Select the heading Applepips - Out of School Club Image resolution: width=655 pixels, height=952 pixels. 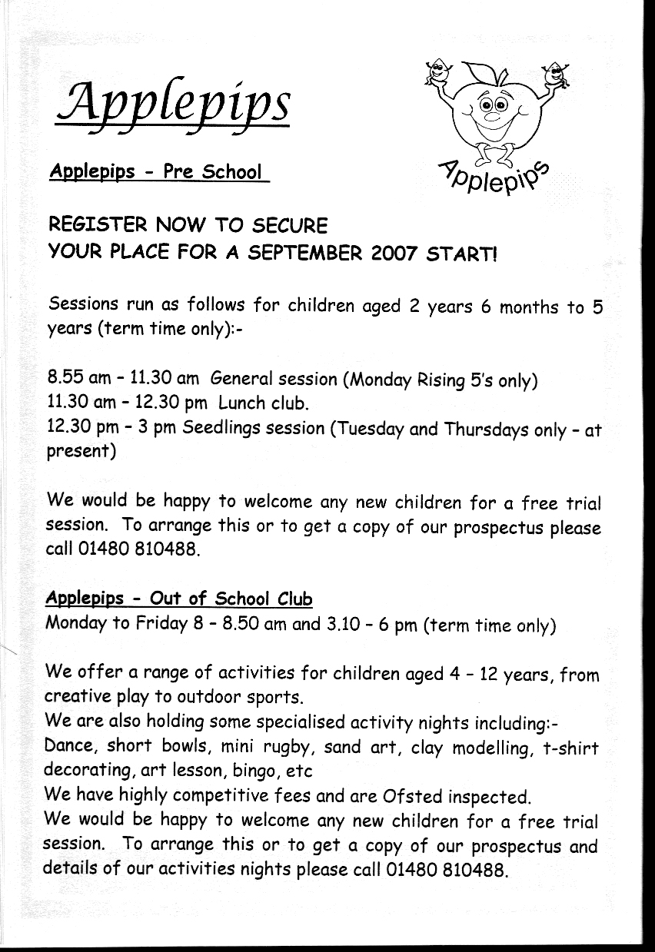(179, 598)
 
